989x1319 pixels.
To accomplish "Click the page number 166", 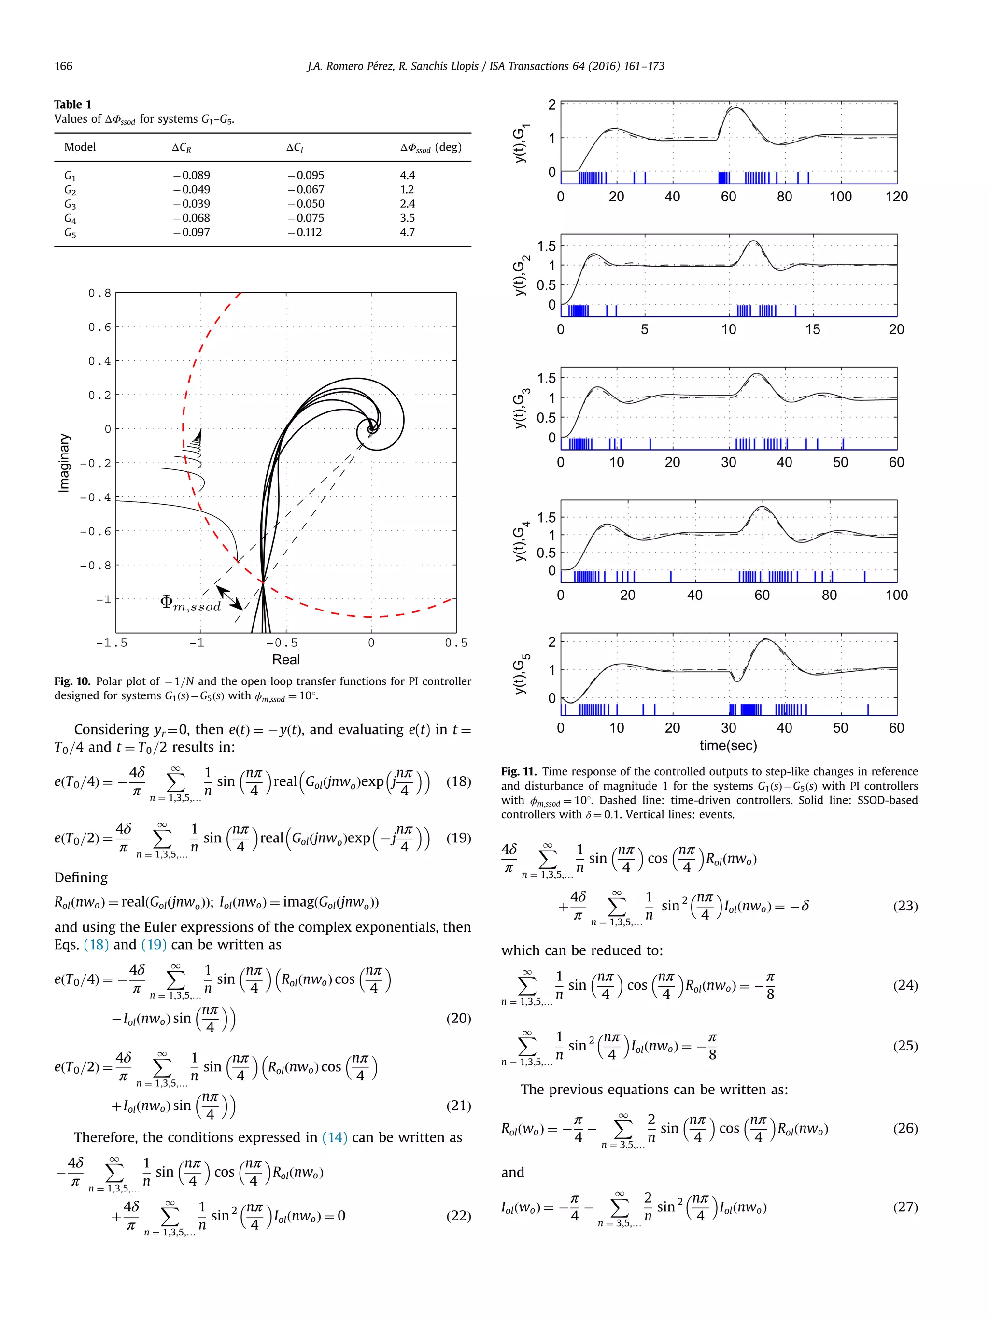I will coord(64,66).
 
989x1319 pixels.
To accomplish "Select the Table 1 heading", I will coord(73,104).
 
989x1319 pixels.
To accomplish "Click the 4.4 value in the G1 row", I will coord(407,175).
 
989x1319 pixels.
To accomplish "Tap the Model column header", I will coord(80,147).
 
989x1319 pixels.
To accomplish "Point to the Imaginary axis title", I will coord(64,463).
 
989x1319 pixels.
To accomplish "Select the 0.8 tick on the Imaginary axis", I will coord(99,293).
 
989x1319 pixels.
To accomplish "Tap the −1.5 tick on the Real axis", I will coord(112,643).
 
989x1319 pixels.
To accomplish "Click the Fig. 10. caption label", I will coord(72,681).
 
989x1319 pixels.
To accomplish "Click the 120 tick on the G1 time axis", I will coord(896,197).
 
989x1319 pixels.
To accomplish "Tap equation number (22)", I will coord(458,1216).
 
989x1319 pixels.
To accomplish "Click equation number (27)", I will coord(905,1207).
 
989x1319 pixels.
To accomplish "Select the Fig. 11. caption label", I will coord(519,772).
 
